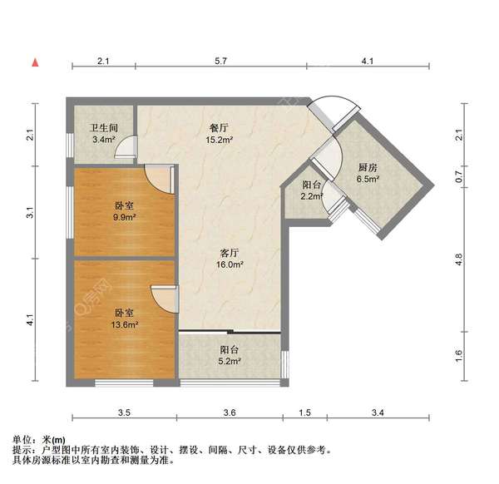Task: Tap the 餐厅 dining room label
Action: point(219,128)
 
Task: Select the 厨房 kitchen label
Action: point(368,165)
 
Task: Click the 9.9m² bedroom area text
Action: point(126,218)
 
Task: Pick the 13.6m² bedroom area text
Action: point(126,326)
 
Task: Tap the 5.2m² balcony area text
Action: point(230,362)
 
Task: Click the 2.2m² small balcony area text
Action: point(312,197)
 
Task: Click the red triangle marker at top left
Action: point(35,62)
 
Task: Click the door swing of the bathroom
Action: point(124,148)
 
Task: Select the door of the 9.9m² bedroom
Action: point(158,177)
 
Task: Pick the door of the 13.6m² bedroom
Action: point(164,297)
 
